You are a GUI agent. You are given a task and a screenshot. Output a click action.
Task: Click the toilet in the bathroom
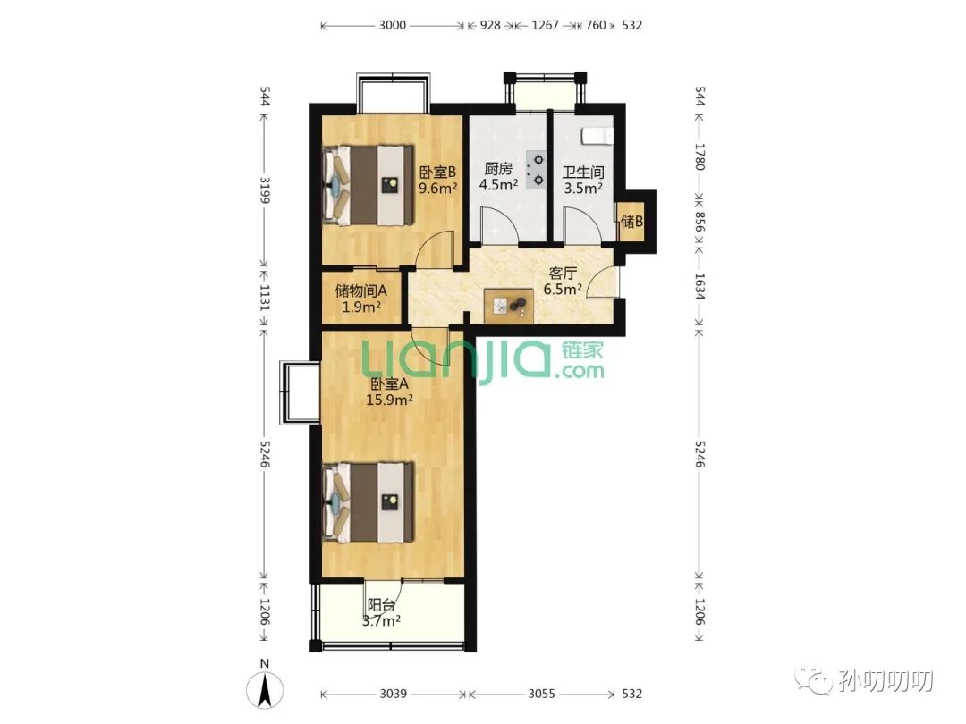[x=597, y=136]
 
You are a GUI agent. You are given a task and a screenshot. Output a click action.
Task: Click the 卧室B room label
[x=437, y=173]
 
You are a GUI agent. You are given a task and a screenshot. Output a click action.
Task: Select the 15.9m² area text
[x=389, y=400]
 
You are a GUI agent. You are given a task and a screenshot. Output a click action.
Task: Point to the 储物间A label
[x=361, y=290]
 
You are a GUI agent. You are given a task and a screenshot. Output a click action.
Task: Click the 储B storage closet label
[x=631, y=221]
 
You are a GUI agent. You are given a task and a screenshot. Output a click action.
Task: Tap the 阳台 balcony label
[x=381, y=606]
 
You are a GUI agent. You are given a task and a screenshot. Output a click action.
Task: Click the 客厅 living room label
[x=563, y=274]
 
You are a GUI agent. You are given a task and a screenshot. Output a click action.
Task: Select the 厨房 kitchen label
[x=498, y=169]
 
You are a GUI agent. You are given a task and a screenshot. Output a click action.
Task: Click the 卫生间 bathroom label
[x=583, y=173]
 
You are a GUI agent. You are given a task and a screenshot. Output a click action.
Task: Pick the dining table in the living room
[x=510, y=306]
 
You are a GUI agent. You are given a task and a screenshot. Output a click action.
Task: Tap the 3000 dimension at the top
[x=393, y=25]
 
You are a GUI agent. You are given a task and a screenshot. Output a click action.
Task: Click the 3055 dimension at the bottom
[x=541, y=694]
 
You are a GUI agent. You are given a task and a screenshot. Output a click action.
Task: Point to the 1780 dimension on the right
[x=699, y=157]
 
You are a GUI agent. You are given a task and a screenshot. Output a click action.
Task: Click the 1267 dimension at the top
[x=545, y=25]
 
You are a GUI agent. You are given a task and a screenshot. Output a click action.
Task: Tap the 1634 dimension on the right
[x=699, y=286]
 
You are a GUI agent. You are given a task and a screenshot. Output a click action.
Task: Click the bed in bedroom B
[x=369, y=185]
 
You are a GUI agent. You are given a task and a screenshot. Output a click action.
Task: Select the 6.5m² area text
[x=563, y=289]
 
